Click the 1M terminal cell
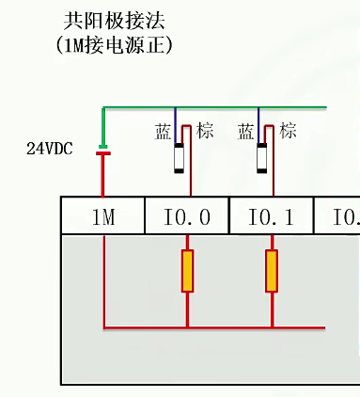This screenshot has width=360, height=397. point(102,217)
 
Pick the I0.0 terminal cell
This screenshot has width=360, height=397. point(187,217)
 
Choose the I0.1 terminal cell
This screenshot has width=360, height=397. point(271,217)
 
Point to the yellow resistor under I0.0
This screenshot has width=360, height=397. point(187,271)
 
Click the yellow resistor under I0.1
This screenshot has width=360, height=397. point(272,271)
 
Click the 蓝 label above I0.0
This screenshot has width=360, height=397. point(163,132)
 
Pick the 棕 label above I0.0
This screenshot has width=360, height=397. point(206,131)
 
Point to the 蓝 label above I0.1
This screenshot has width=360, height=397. point(246,132)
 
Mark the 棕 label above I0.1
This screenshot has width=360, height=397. point(289,131)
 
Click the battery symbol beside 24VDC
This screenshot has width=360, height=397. point(103,151)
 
